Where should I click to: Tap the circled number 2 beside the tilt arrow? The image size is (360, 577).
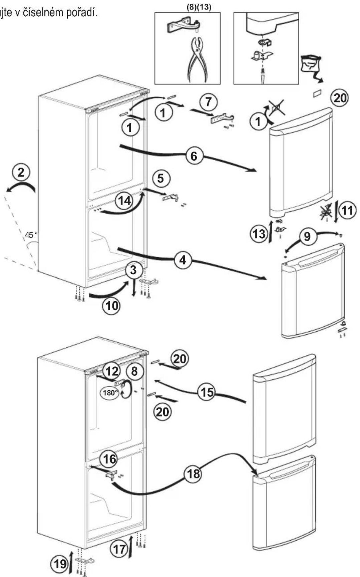21,173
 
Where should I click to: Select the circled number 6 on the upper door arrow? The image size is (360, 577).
194,156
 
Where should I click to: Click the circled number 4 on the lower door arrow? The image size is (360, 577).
183,260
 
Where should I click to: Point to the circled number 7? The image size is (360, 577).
209,101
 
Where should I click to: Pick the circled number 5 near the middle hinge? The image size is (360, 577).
161,178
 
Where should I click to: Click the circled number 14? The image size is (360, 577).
124,201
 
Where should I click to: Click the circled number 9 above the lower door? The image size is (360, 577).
307,236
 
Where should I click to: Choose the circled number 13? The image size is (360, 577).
259,234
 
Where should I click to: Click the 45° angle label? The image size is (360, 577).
30,235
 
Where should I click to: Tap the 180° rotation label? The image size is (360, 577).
110,392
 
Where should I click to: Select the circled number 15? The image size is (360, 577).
207,391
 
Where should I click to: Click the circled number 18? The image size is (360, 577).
193,474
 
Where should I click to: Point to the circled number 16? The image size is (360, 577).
109,459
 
